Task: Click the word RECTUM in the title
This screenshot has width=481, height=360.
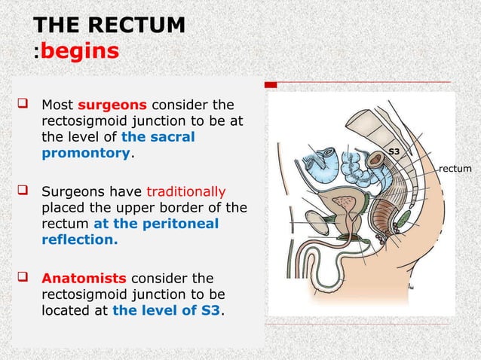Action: (x=142, y=25)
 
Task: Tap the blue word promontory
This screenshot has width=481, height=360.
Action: (x=86, y=153)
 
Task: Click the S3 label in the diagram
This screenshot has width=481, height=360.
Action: (x=393, y=152)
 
